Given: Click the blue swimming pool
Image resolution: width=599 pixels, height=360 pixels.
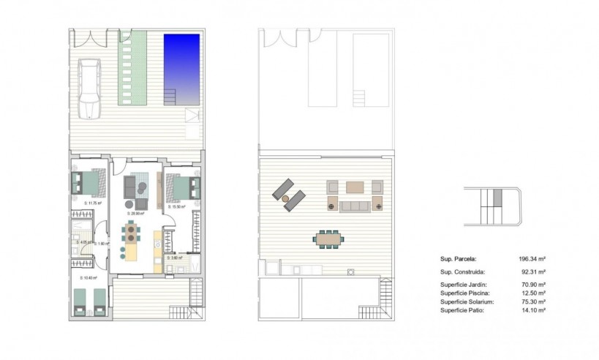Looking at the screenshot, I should tap(183, 62).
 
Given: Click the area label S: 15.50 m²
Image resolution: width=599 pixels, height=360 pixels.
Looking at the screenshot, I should tap(176, 207).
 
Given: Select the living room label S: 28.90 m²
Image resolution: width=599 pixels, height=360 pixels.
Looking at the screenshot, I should tap(135, 213).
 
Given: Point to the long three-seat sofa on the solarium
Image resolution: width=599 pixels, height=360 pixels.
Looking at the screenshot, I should tap(355, 206).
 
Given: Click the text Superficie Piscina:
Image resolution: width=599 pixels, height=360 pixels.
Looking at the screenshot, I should tap(464, 293).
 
